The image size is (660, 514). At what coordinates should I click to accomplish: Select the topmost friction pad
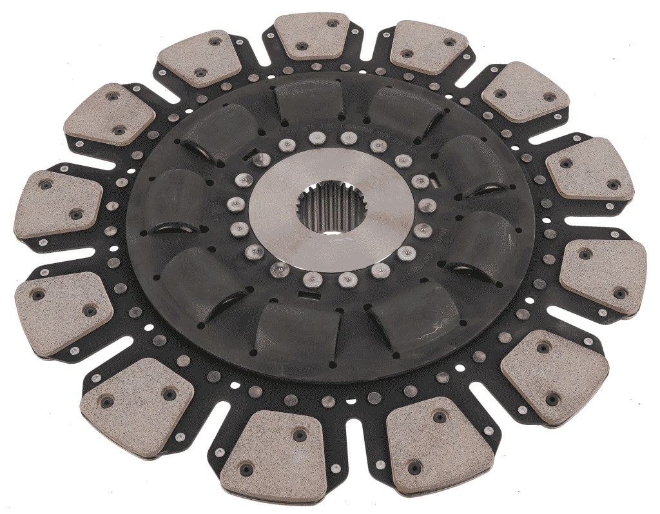312,36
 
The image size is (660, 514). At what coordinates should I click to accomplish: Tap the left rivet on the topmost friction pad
302,46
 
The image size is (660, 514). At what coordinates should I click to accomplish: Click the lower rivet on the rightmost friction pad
620,294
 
